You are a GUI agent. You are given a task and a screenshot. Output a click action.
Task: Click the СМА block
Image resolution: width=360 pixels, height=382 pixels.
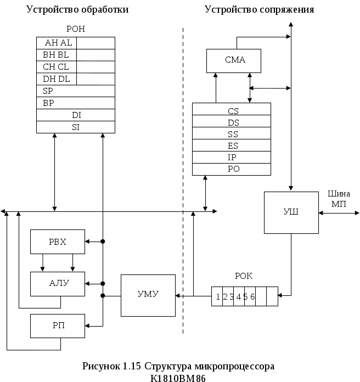(234, 61)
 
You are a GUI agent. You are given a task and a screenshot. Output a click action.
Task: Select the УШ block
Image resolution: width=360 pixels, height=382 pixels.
(291, 213)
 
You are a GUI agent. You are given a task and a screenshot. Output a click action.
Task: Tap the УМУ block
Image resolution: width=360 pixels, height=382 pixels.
(148, 295)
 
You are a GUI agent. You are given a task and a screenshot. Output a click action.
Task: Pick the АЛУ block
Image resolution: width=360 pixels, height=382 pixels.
(58, 284)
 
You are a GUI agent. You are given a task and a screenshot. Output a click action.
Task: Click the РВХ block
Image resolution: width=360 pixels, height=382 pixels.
(58, 241)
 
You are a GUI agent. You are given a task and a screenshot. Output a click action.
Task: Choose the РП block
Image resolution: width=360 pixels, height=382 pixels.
(58, 326)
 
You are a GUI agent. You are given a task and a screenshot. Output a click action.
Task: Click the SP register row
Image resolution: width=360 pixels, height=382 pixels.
(76, 91)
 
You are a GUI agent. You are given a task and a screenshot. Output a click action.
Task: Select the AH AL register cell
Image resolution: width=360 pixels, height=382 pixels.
(57, 43)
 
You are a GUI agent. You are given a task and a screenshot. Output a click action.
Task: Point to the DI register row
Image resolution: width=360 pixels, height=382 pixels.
(76, 115)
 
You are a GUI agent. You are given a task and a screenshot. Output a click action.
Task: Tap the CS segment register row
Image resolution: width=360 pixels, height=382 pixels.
(232, 109)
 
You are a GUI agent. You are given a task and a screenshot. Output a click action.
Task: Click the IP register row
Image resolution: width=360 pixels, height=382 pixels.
(232, 157)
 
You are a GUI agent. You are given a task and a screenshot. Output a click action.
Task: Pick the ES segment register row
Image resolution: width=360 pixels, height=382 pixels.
(232, 145)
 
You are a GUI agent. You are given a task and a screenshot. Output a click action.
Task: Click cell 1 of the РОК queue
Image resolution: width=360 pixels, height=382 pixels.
(217, 296)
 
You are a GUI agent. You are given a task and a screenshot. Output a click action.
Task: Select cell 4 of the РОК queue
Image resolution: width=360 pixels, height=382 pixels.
(239, 296)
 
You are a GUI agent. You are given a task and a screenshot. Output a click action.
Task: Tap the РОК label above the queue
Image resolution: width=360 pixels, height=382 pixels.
(244, 276)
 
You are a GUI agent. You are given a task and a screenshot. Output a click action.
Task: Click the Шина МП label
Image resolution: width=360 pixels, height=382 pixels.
(339, 199)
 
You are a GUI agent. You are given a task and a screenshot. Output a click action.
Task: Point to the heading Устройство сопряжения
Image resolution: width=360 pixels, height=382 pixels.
(259, 9)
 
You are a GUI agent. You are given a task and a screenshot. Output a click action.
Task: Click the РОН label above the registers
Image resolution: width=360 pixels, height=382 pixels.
(76, 29)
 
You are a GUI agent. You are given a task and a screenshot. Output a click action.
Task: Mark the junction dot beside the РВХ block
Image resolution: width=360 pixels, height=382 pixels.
(103, 241)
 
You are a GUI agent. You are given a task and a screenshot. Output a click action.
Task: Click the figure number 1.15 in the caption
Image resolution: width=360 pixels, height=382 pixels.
(132, 366)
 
